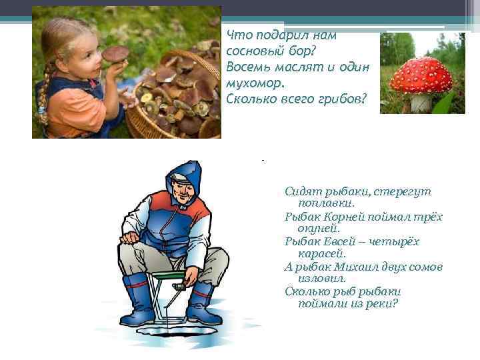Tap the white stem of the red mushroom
tap(420, 103)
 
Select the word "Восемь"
tap(245, 68)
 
